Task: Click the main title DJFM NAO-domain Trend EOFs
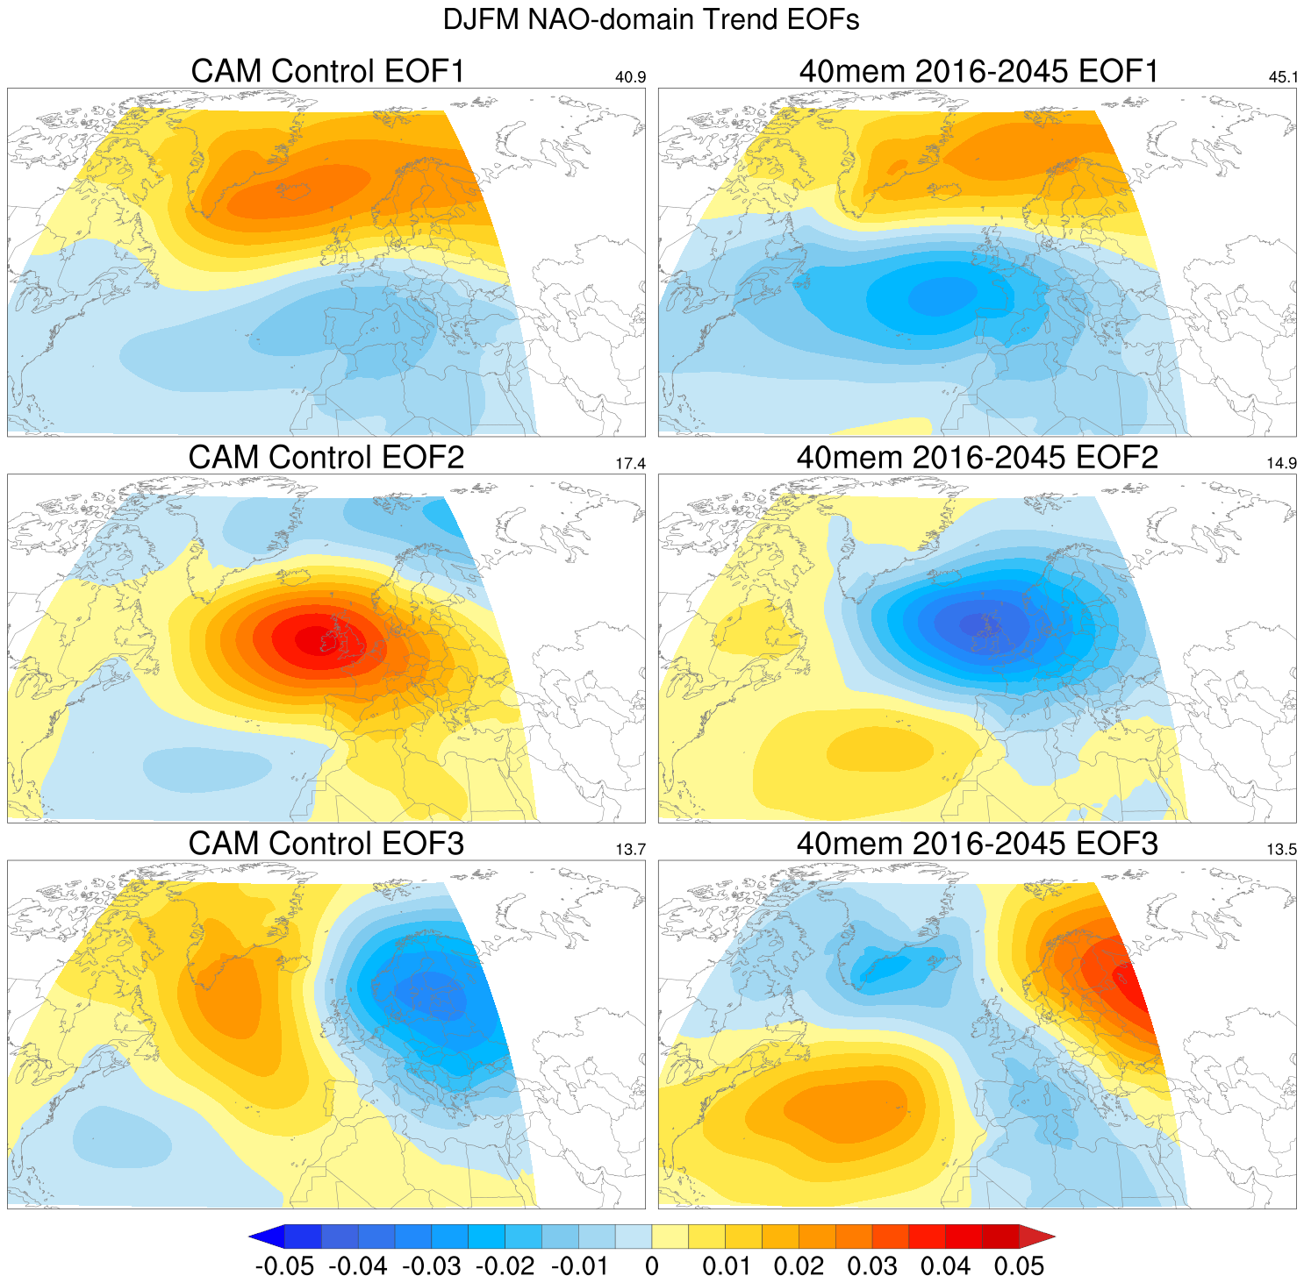tap(651, 19)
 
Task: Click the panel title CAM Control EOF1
tap(326, 71)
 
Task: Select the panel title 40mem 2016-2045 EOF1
tap(978, 71)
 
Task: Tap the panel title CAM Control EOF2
tap(326, 457)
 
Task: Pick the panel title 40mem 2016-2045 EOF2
tap(978, 457)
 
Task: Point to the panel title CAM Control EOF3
tap(326, 843)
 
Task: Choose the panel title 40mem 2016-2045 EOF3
tap(978, 843)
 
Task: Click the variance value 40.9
tap(630, 77)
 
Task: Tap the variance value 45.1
tap(1282, 77)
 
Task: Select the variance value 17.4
tap(630, 463)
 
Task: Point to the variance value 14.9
tap(1282, 463)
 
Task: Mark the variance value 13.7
tap(630, 849)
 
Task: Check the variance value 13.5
tap(1282, 849)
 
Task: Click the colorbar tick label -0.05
tap(284, 1266)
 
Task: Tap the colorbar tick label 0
tap(651, 1266)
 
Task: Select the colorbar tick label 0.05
tap(1019, 1266)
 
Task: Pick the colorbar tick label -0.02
tap(505, 1266)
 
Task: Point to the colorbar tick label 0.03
tap(872, 1266)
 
